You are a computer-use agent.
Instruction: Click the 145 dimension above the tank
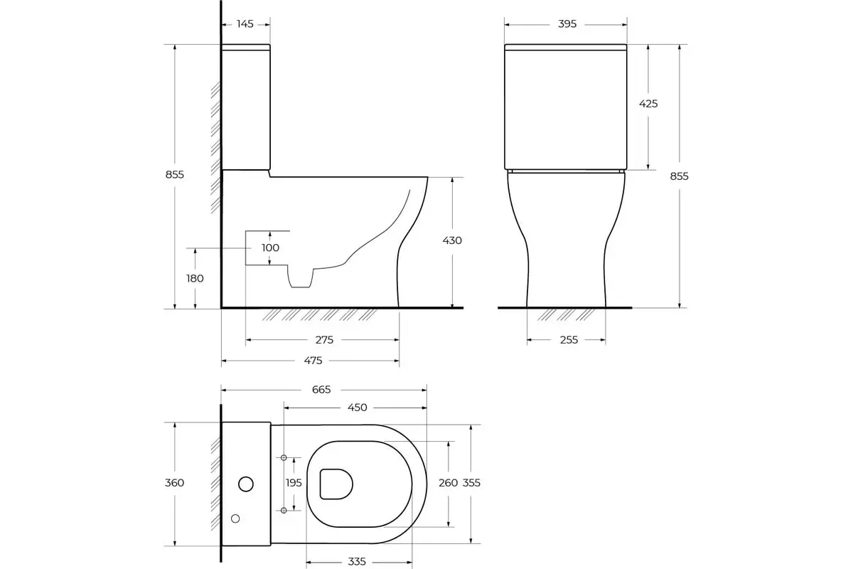(x=245, y=24)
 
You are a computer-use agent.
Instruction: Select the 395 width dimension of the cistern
(x=567, y=24)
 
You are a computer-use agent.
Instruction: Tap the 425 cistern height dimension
(x=648, y=104)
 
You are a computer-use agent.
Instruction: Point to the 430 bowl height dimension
(x=452, y=240)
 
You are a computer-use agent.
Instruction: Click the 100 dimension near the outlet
(x=270, y=248)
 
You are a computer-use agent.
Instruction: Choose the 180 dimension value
(x=195, y=278)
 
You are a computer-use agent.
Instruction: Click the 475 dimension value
(x=313, y=361)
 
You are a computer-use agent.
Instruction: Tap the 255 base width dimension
(x=569, y=340)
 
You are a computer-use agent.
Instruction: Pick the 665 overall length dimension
(x=321, y=389)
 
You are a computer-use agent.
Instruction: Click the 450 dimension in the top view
(x=357, y=408)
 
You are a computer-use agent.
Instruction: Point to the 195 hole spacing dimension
(x=294, y=483)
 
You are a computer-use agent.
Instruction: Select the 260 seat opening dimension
(x=448, y=483)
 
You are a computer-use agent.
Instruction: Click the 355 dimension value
(x=471, y=483)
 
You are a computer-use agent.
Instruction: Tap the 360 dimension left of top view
(x=174, y=483)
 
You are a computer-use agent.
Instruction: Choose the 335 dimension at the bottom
(x=357, y=562)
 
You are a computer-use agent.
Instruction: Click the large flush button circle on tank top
(x=245, y=484)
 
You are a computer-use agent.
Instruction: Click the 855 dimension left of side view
(x=175, y=174)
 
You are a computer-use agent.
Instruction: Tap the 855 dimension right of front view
(x=679, y=176)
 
